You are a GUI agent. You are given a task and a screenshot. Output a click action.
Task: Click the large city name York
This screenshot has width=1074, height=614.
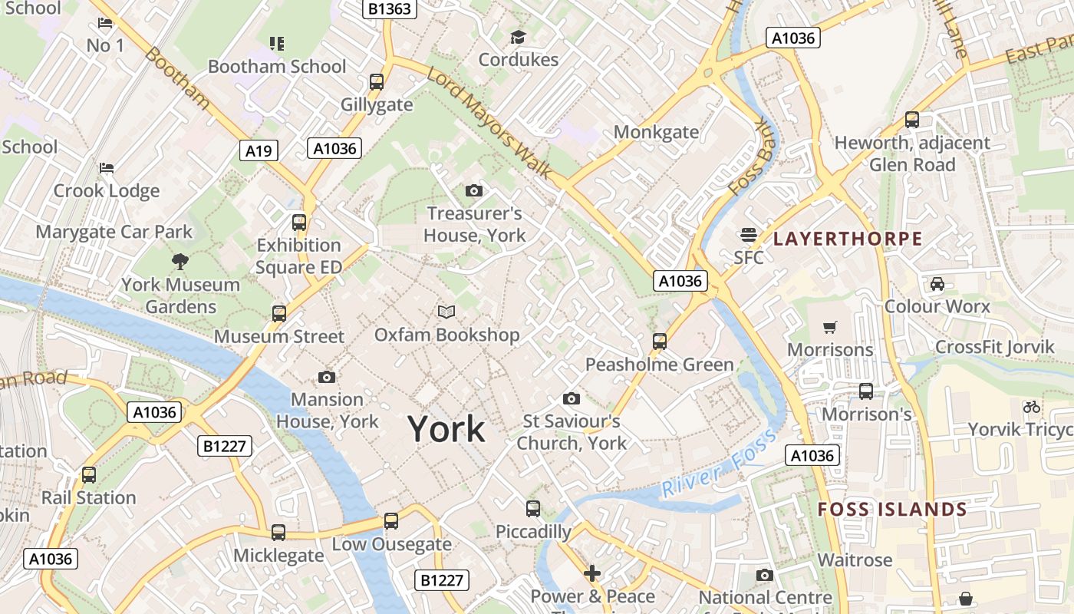[446, 428]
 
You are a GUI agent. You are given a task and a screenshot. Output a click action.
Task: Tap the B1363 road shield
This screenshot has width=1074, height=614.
[390, 8]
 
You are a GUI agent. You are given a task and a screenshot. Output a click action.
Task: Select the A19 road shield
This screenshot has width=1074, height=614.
[258, 150]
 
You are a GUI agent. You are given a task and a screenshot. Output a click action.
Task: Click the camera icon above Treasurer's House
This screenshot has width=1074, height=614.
[474, 190]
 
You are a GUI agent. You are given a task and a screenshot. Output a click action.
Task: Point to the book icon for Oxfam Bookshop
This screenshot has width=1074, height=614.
[446, 312]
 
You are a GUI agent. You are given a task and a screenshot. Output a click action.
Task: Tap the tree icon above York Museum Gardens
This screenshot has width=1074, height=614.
[180, 262]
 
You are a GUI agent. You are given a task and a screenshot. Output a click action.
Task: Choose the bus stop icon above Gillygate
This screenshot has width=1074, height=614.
[377, 82]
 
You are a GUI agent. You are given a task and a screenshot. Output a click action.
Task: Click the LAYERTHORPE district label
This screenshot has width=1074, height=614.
[848, 239]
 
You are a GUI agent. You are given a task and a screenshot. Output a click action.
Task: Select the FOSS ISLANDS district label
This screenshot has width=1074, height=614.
[892, 510]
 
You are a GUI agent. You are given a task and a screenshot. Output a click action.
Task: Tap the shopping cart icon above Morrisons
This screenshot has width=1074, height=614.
[829, 328]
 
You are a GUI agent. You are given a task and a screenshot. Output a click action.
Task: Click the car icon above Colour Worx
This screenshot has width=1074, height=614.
[937, 284]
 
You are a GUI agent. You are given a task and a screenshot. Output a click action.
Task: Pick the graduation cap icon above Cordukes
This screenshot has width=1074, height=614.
[518, 37]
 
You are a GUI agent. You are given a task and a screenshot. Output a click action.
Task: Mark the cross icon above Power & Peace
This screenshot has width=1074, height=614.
[591, 573]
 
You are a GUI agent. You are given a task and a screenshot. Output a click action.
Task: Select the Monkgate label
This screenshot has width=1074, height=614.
[656, 132]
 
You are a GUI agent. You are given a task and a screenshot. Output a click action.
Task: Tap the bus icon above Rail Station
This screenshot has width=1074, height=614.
[89, 475]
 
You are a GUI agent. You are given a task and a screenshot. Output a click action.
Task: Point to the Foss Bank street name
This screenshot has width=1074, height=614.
[752, 157]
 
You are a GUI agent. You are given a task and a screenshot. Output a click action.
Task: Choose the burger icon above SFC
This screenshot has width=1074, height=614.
[748, 235]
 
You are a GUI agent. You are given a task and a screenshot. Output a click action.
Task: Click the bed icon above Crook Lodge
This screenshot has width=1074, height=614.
[107, 168]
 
